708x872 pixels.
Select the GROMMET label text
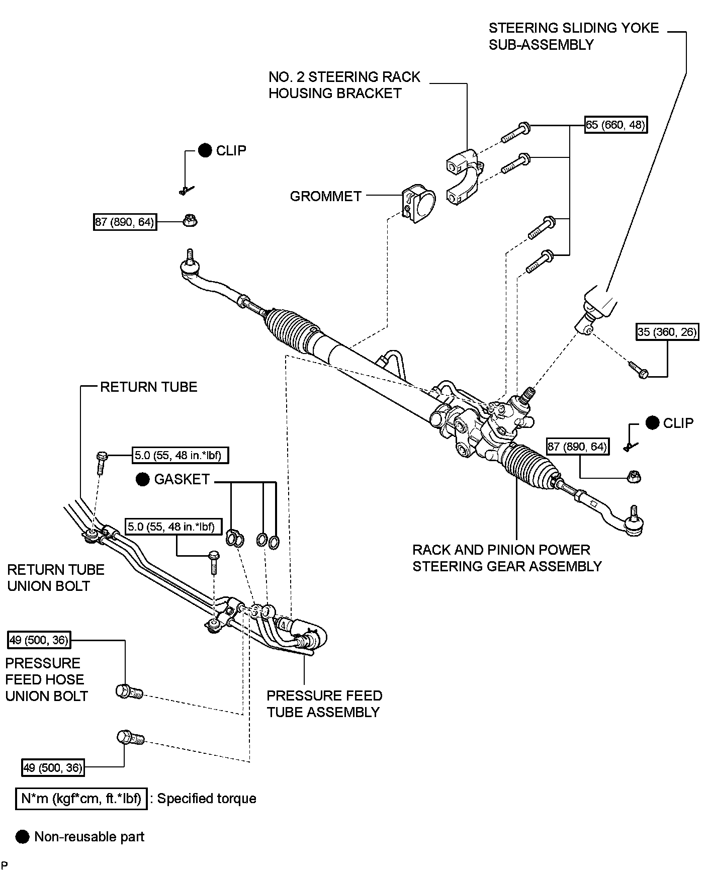pyautogui.click(x=325, y=196)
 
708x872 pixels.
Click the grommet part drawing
pyautogui.click(x=419, y=204)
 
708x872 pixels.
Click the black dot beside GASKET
pyautogui.click(x=143, y=479)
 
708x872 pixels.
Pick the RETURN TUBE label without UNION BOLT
pyautogui.click(x=149, y=387)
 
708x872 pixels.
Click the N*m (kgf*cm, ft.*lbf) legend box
pyautogui.click(x=81, y=799)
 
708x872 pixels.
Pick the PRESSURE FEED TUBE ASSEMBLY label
pyautogui.click(x=324, y=704)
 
